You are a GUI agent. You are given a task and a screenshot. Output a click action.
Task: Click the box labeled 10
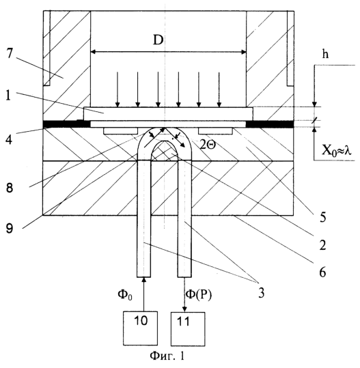point(140,328)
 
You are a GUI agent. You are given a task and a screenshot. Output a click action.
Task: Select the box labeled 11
point(188,329)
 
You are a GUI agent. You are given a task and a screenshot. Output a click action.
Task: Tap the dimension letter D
point(158,40)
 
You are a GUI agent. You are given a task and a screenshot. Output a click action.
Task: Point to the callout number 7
point(9,53)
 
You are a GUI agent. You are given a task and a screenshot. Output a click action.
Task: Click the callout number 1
point(8,96)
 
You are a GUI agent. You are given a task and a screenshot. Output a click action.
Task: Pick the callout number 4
point(9,139)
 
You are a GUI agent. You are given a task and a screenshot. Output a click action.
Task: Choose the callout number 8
point(9,188)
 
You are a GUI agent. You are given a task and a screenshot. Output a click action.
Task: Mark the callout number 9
point(9,228)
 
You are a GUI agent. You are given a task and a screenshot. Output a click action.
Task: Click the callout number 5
point(323,217)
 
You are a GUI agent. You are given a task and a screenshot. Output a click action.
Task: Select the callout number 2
point(322,245)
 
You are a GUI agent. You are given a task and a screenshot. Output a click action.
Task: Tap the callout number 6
point(322,272)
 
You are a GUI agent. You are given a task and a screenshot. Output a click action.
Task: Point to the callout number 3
point(262,293)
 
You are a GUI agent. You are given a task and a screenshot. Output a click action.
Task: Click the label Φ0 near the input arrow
point(125,294)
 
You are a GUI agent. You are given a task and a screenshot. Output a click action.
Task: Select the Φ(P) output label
point(199,294)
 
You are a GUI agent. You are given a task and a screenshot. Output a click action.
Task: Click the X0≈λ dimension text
point(336,150)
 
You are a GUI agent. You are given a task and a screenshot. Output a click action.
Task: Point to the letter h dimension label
point(325,54)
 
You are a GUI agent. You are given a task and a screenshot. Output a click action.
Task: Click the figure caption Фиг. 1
point(167,356)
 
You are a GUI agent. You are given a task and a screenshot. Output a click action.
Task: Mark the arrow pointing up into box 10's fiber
point(143,294)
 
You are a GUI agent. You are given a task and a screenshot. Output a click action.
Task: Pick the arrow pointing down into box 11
point(185,294)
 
